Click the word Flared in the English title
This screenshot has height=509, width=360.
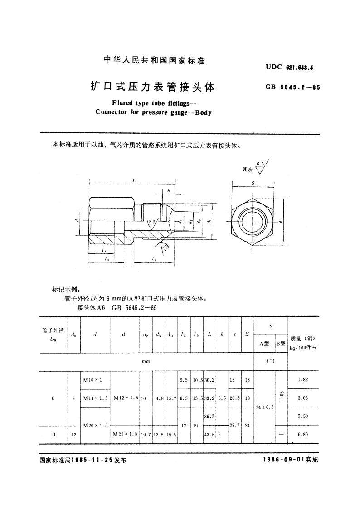tap(121, 103)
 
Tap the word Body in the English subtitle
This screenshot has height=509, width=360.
tap(202, 112)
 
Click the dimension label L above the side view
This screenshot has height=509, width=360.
tap(134, 180)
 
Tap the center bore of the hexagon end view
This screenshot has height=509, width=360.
tap(252, 222)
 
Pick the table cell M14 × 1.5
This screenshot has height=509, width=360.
tap(95, 398)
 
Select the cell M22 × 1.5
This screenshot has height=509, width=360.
tap(125, 434)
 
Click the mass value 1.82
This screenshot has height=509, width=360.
tap(303, 380)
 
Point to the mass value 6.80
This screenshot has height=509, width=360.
tap(303, 434)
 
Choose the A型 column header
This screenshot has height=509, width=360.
tap(264, 344)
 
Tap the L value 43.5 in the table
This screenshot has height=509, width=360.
tap(209, 434)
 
